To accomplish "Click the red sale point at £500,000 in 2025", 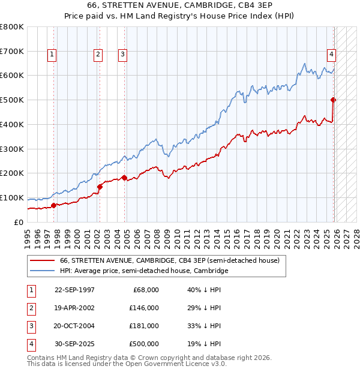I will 333,100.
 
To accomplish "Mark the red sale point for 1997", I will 54,205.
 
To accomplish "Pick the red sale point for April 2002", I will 100,186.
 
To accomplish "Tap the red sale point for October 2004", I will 124,178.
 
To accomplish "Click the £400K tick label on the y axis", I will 12,124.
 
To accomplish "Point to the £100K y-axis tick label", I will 12,197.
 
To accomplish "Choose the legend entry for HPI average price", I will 144,271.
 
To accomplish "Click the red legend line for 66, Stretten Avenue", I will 42,261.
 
